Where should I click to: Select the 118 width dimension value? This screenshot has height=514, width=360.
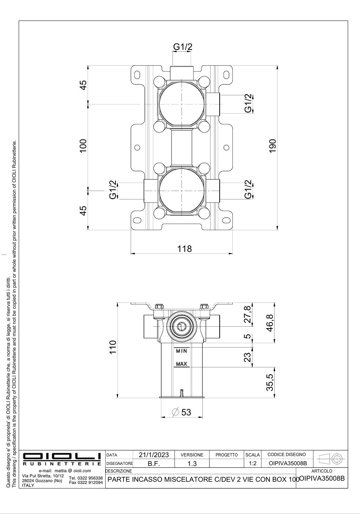[x=184, y=249]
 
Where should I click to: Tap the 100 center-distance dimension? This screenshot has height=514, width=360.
[x=83, y=146]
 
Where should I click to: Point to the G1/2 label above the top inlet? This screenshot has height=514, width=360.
[x=183, y=47]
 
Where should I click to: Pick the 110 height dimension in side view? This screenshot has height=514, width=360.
[x=113, y=347]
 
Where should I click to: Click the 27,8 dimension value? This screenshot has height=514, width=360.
[x=248, y=315]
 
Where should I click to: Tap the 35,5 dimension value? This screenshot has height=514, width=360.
[x=270, y=382]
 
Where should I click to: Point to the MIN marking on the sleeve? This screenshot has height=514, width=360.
[x=182, y=351]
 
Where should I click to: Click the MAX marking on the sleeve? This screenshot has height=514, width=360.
[x=182, y=364]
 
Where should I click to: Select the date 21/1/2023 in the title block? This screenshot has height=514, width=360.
[x=154, y=455]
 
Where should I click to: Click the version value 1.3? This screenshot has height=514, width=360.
[x=192, y=463]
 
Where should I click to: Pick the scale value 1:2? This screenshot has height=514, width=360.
[x=252, y=463]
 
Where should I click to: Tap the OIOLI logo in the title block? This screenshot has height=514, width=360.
[x=62, y=456]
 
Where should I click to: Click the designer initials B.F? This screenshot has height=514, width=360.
[x=154, y=463]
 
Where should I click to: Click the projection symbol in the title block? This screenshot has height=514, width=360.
[x=331, y=459]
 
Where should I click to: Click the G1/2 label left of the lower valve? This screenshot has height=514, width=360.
[x=113, y=189]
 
